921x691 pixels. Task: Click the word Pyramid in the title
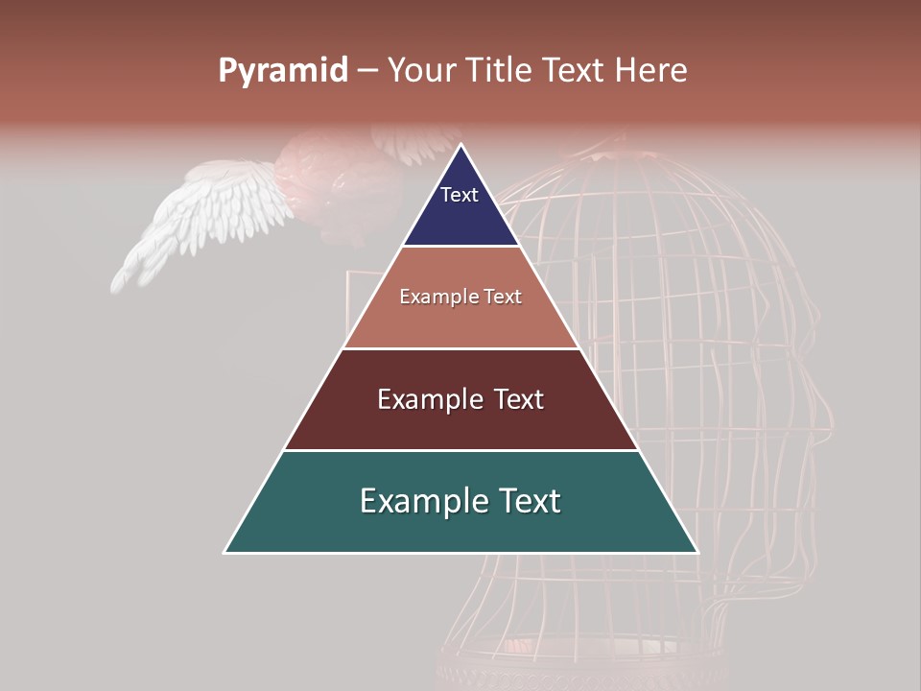[x=282, y=71]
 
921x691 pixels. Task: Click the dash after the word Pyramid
[x=367, y=71]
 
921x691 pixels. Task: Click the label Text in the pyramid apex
[x=460, y=195]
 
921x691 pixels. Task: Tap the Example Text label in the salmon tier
[x=460, y=297]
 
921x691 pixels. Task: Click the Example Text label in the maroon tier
[x=460, y=399]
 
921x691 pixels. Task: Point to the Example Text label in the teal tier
[x=460, y=501]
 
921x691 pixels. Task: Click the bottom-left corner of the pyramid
[x=225, y=552]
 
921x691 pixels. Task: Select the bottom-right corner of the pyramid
[x=697, y=552]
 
